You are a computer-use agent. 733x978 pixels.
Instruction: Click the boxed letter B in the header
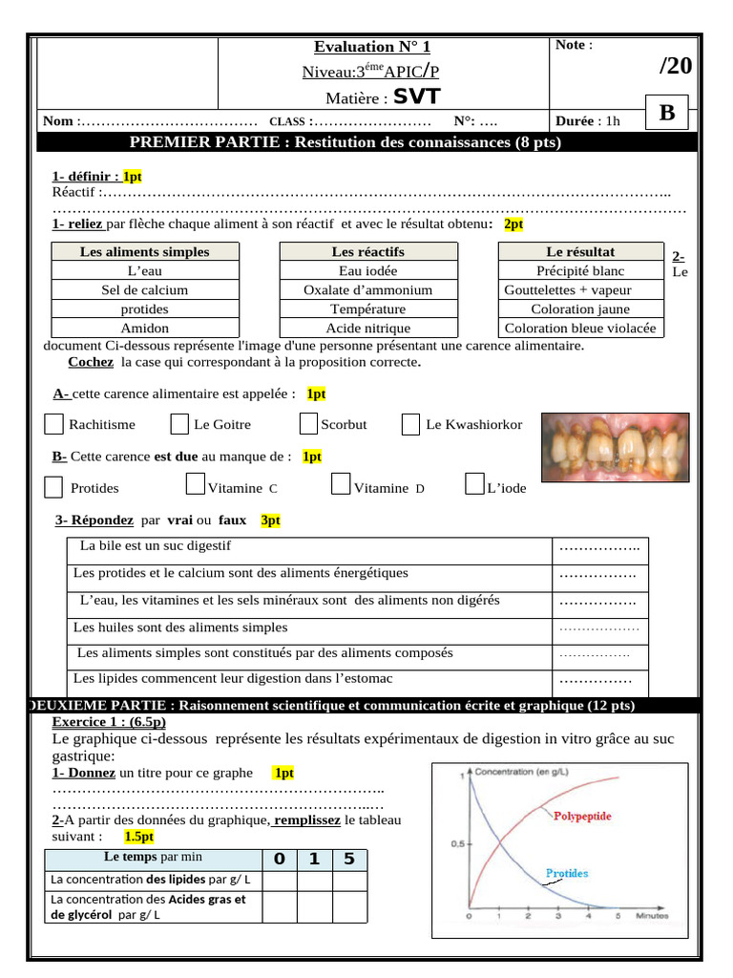coord(666,114)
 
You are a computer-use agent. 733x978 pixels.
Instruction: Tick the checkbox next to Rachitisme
coord(54,424)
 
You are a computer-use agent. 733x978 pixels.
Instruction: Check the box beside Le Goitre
coord(179,424)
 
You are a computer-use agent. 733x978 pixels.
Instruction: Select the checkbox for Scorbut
coord(308,424)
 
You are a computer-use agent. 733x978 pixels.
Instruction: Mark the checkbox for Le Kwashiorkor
coord(410,424)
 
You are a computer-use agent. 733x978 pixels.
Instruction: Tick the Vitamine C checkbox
coord(195,485)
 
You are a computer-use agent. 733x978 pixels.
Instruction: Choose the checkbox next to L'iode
coord(474,485)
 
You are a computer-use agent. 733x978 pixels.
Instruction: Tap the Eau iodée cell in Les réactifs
coord(367,270)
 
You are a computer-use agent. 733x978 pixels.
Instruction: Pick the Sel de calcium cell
coord(144,289)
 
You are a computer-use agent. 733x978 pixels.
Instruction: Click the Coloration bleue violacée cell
coord(580,328)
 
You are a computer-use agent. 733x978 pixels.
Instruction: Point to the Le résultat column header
coord(580,251)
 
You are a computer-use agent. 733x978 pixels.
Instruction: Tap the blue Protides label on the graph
coord(566,873)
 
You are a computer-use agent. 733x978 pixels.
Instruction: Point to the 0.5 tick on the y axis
coord(457,844)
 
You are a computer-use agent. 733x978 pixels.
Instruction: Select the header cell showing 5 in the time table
coord(349,859)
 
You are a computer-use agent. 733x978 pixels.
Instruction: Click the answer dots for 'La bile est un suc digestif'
coord(598,547)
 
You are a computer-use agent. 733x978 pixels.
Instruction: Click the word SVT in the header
coord(417,96)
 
